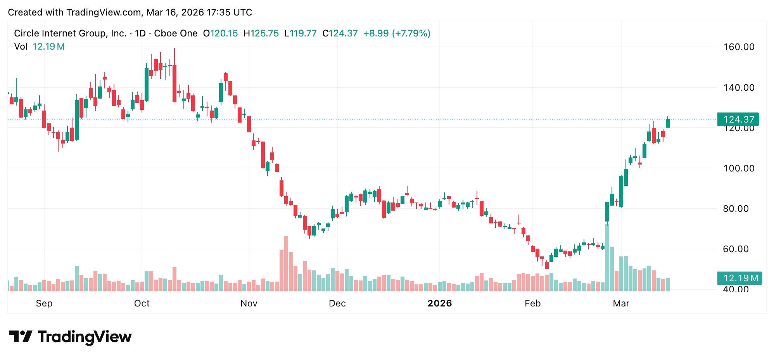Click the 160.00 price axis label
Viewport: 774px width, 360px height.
739,47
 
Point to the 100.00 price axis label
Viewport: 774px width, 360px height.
739,168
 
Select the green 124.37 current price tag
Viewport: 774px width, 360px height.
738,119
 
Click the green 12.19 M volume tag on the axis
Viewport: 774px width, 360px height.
739,278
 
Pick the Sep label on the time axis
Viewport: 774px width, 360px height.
44,303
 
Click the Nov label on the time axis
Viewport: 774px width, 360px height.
249,303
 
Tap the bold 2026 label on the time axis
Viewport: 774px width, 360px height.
440,303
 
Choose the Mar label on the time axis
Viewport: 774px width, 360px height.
621,303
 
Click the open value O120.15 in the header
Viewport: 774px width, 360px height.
220,33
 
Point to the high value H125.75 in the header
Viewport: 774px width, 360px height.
261,33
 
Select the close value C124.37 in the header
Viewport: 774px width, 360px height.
340,33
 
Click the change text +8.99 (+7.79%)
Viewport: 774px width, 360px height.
396,33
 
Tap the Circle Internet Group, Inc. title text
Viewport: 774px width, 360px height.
70,33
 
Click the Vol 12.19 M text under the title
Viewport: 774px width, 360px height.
39,47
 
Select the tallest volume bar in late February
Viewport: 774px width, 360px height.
607,258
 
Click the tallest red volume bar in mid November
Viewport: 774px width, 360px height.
286,264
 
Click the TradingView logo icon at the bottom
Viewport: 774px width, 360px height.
21,336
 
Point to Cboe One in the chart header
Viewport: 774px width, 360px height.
176,33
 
